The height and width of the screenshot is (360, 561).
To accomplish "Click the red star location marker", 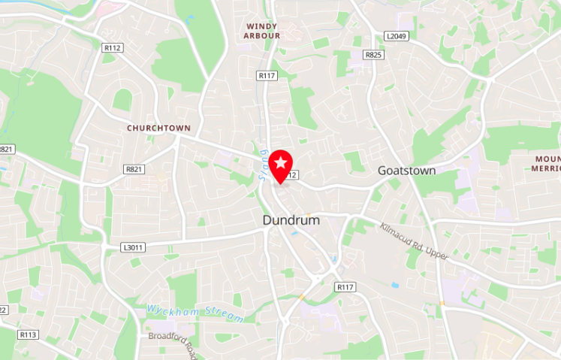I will pyautogui.click(x=281, y=163).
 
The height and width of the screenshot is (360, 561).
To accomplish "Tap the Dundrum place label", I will pyautogui.click(x=291, y=220).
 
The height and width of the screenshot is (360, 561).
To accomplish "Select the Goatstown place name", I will pyautogui.click(x=406, y=171).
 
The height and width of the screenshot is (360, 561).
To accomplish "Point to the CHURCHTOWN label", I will pyautogui.click(x=158, y=128).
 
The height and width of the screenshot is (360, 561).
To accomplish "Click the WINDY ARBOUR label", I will pyautogui.click(x=263, y=31).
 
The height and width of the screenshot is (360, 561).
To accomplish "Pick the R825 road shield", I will pyautogui.click(x=373, y=55).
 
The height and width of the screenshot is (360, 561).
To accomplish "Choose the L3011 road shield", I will pyautogui.click(x=132, y=246).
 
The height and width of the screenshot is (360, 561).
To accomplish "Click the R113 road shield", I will pyautogui.click(x=29, y=334).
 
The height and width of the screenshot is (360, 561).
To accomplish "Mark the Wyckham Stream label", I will pyautogui.click(x=195, y=313).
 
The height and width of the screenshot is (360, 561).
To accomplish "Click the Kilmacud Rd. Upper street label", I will pyautogui.click(x=414, y=241).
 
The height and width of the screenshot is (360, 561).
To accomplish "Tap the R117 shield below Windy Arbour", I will pyautogui.click(x=267, y=75).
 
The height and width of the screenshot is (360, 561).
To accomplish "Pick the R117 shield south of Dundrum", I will pyautogui.click(x=345, y=287).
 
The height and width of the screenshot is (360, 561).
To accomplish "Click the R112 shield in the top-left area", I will pyautogui.click(x=112, y=47).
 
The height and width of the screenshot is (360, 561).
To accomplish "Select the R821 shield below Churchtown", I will pyautogui.click(x=135, y=169).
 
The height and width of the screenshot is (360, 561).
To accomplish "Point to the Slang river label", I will pyautogui.click(x=264, y=159).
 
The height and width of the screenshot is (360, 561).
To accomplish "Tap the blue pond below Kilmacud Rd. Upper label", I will pyautogui.click(x=395, y=285).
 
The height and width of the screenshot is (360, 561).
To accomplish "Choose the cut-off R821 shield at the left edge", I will pyautogui.click(x=6, y=149).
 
